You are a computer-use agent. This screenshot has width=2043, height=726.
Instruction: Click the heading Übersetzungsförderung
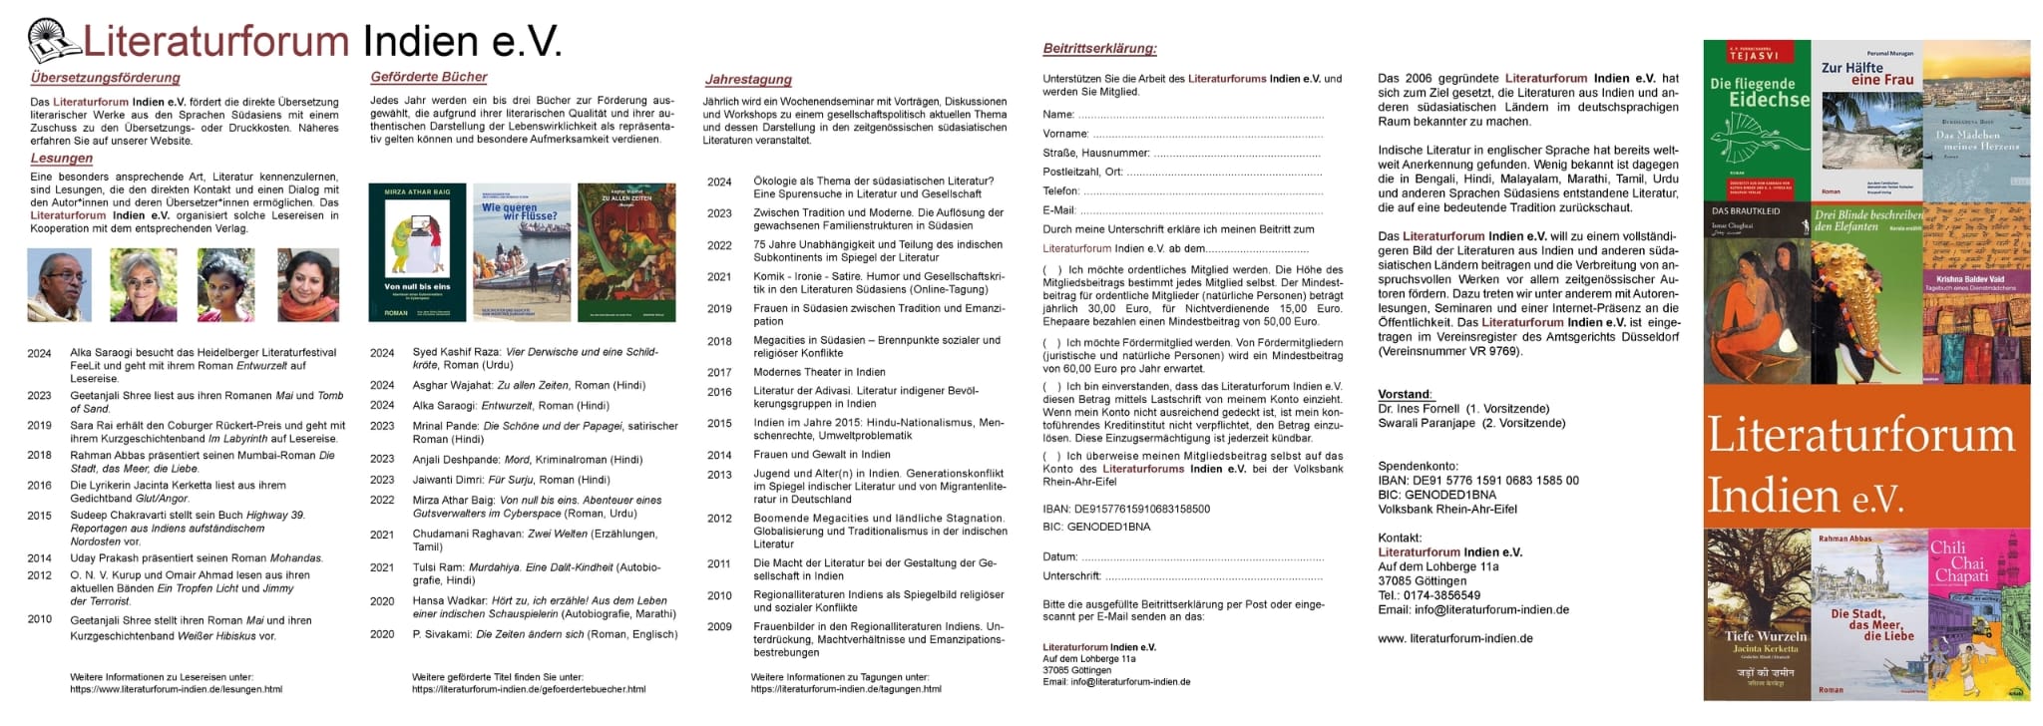coord(105,78)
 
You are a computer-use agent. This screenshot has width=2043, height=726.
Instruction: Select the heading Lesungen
coord(62,158)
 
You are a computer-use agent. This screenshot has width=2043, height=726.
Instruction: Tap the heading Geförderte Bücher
coord(429,77)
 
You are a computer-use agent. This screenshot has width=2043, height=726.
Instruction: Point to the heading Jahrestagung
coord(748,80)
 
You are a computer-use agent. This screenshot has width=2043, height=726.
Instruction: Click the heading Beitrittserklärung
coord(1099,48)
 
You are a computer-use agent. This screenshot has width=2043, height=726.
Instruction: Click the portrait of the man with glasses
coord(59,284)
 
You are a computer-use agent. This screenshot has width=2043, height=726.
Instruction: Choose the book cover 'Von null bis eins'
coord(417,252)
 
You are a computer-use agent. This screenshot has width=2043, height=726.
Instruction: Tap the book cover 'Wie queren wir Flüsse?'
coord(522,252)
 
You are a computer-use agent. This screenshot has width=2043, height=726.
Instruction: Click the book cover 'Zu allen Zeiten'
coord(626,252)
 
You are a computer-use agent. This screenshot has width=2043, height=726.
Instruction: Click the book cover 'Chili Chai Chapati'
coord(1979,613)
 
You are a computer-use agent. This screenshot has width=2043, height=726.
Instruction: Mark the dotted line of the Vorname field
coord(1207,135)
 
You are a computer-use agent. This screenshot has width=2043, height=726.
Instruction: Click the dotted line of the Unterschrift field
coord(1213,576)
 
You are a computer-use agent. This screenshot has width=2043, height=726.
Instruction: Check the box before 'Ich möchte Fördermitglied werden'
coord(1051,343)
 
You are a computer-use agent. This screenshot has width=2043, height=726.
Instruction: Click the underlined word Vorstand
coord(1405,394)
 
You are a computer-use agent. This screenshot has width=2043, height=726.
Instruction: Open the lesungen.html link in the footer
coord(176,689)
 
